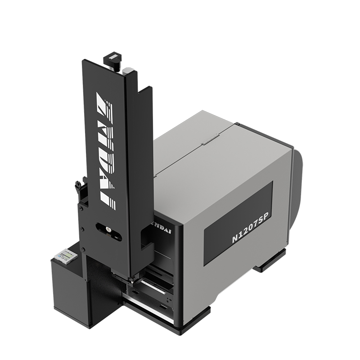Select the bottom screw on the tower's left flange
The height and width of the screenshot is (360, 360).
pos(82,249)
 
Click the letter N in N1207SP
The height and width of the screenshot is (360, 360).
pos(235,239)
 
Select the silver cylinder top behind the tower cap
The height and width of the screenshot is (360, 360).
pos(127,70)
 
